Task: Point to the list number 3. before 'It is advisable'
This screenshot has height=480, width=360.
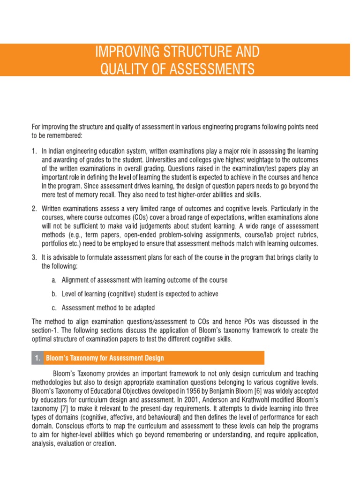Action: tap(34, 257)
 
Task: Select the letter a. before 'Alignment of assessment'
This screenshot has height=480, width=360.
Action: tap(54, 280)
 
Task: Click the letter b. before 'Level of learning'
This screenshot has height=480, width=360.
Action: tap(54, 294)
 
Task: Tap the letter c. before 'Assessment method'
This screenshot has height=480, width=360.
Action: tap(54, 307)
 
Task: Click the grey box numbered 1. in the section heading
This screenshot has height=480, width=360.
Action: tap(37, 358)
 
